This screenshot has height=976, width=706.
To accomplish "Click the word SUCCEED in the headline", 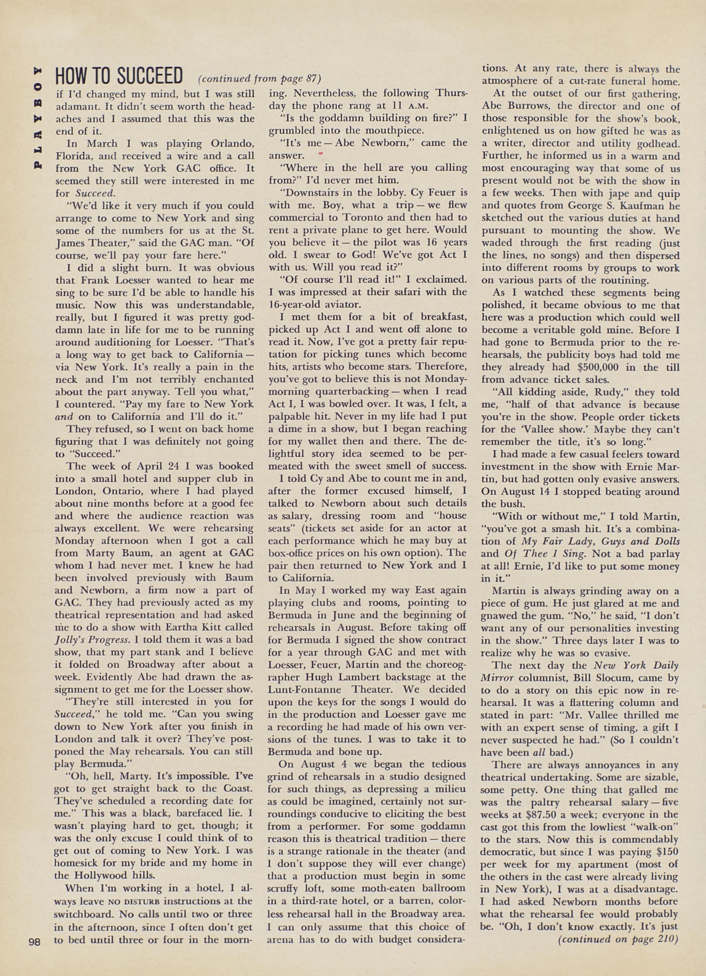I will pyautogui.click(x=150, y=77).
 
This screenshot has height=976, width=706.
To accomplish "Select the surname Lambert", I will pyautogui.click(x=348, y=677).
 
